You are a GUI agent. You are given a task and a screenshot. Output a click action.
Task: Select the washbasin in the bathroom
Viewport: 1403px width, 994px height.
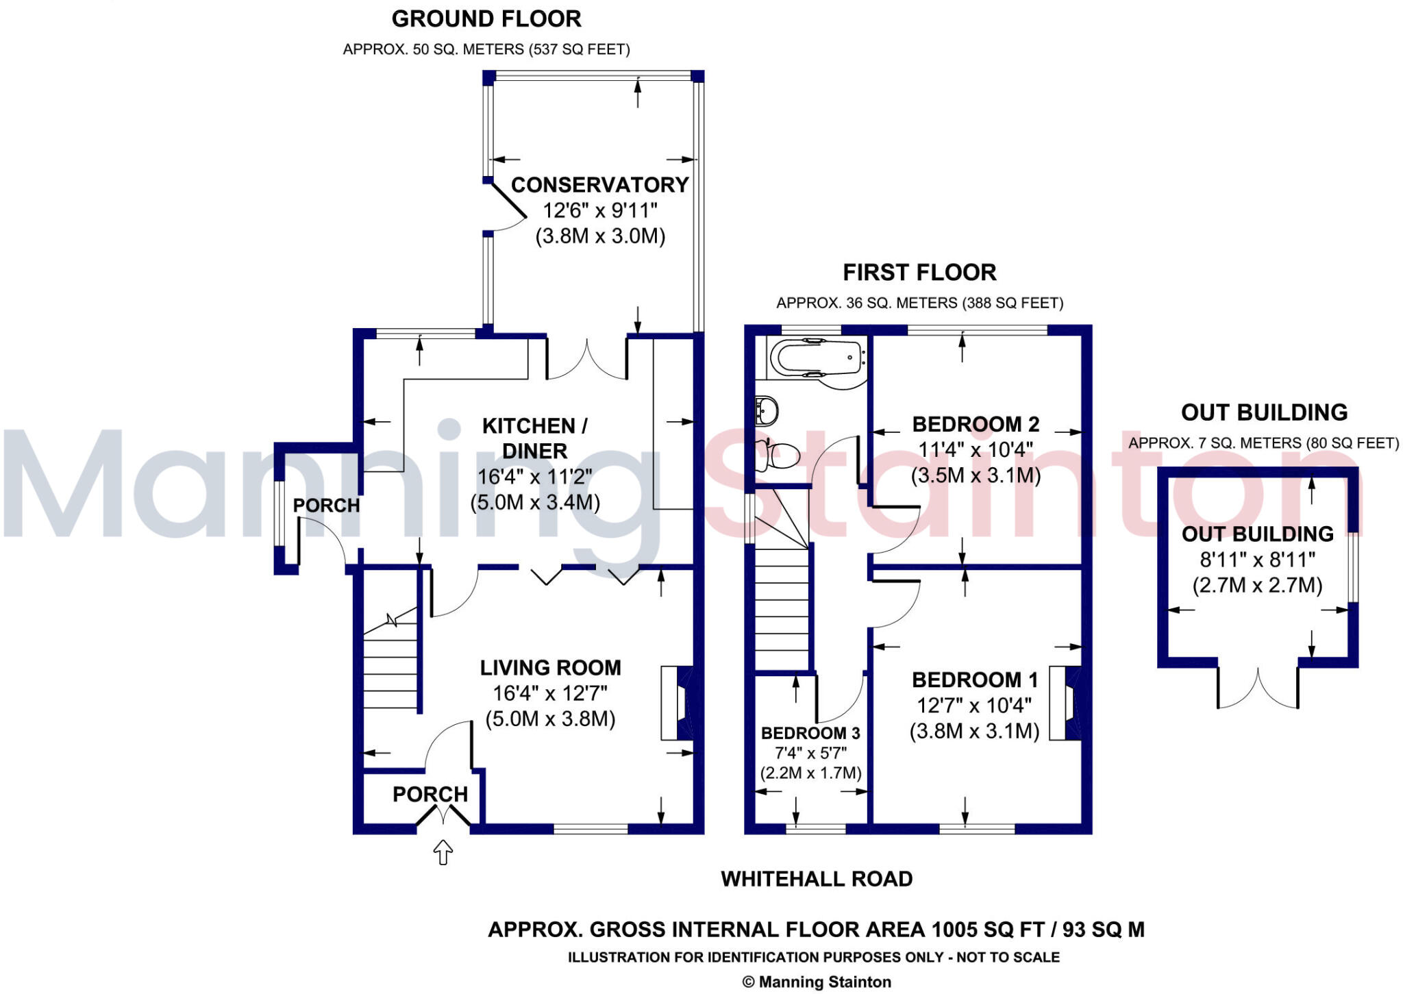[x=767, y=411]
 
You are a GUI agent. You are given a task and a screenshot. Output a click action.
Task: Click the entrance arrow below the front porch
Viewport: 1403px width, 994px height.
[x=443, y=852]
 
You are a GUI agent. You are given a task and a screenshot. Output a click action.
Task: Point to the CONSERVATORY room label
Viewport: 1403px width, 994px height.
[x=599, y=185]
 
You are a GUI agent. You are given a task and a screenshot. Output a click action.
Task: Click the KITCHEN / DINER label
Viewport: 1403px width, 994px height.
[x=534, y=438]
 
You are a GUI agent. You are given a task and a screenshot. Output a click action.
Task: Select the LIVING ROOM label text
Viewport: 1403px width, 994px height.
[x=550, y=667]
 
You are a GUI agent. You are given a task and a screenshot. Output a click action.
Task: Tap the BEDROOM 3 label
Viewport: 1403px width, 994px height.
[x=810, y=733]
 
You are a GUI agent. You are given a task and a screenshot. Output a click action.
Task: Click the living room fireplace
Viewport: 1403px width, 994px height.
[x=677, y=703]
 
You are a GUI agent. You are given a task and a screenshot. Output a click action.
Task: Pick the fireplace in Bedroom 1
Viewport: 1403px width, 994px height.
[x=1065, y=703]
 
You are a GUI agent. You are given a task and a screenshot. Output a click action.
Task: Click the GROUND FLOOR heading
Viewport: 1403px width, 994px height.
[x=486, y=19]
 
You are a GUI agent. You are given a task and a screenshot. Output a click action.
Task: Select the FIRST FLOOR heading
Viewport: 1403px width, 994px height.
[x=919, y=273]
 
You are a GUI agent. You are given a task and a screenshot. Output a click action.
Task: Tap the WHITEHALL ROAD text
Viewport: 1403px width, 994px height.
[x=817, y=879]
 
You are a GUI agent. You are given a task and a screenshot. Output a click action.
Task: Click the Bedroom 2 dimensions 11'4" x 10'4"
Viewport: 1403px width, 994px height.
[x=976, y=450]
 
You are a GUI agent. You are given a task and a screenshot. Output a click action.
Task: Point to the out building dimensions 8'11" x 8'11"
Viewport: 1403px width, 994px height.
[x=1257, y=560]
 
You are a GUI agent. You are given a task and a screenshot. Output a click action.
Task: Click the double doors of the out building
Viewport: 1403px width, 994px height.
[x=1258, y=688]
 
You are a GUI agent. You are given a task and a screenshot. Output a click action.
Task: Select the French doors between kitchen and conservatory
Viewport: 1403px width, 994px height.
[x=586, y=360]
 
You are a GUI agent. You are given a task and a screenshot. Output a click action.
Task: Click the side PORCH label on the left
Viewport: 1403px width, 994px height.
[x=326, y=506]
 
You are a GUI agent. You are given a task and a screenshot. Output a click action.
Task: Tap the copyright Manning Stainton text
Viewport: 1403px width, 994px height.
[x=817, y=982]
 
